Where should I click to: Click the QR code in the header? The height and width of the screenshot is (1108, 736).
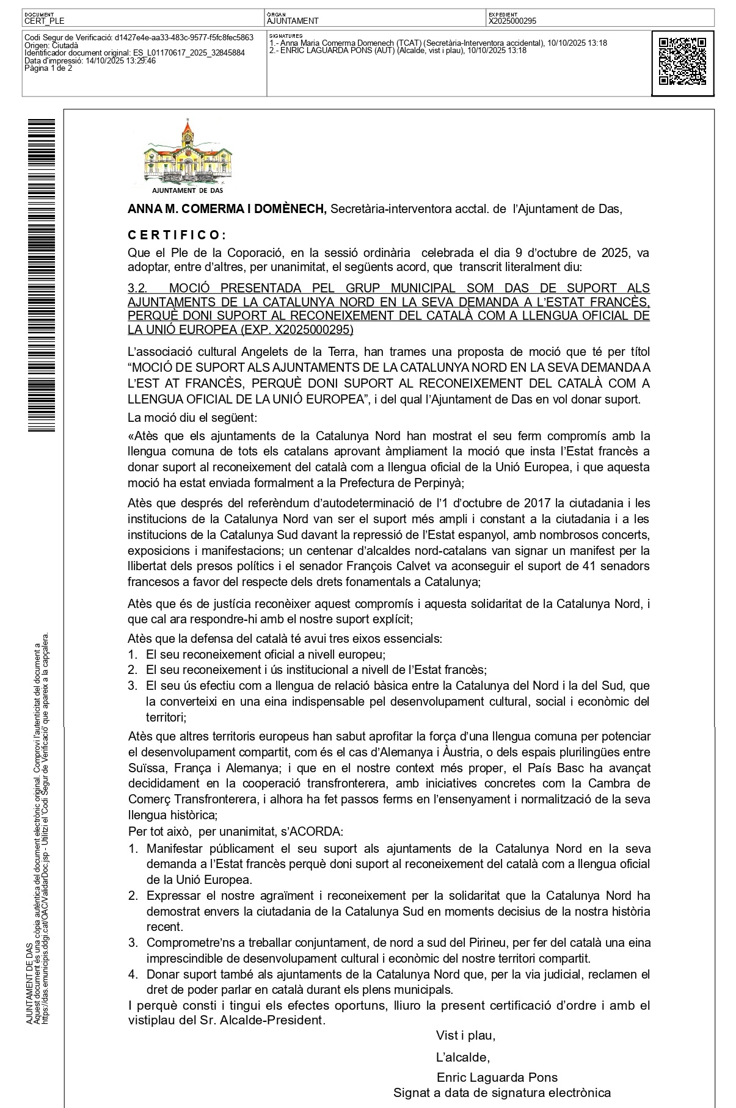[682, 62]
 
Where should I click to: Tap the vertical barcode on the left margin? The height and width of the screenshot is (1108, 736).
[42, 275]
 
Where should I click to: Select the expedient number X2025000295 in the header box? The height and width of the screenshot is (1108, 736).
[512, 21]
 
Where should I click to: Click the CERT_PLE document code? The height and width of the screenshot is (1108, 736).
[44, 21]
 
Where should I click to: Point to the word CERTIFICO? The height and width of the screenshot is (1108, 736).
[177, 235]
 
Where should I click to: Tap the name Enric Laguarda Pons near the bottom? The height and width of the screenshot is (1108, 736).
[497, 1077]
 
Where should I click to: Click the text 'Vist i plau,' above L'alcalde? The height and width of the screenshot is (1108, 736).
[465, 1035]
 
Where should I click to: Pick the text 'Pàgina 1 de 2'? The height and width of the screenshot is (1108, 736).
[48, 68]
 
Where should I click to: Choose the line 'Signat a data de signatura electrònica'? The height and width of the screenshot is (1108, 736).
[501, 1093]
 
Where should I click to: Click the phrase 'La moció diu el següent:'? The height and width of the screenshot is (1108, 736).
[192, 418]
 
